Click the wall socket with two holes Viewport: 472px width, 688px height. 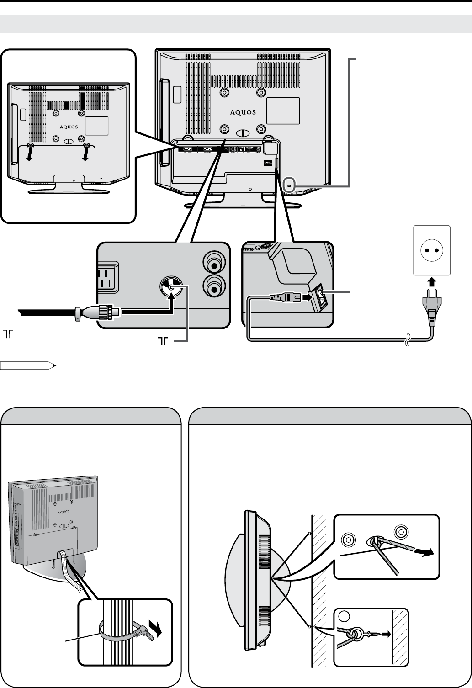point(431,251)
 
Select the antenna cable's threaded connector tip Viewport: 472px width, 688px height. point(110,312)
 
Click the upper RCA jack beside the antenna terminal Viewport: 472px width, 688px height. point(214,264)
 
